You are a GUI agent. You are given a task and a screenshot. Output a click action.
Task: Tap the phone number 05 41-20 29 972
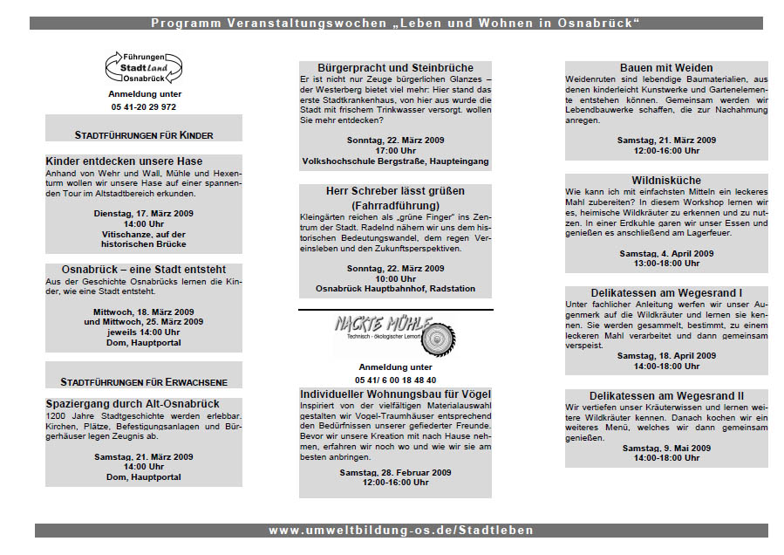(144, 106)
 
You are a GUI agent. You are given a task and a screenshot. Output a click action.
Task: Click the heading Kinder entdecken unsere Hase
(124, 161)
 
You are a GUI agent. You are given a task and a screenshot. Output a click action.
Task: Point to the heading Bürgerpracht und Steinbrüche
(395, 68)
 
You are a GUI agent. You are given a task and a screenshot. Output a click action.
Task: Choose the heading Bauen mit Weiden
(666, 68)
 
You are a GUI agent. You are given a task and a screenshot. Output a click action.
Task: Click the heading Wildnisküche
(666, 180)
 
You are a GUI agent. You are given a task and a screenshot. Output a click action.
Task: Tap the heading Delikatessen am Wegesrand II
(666, 396)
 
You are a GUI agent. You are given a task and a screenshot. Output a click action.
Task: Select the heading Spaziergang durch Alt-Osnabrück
(133, 404)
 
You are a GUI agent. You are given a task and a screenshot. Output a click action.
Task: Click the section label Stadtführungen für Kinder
(144, 135)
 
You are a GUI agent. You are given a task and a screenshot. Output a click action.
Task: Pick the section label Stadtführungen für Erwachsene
(144, 382)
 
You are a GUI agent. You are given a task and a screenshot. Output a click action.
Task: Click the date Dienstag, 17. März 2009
(144, 213)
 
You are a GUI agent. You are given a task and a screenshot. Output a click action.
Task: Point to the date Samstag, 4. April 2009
(666, 253)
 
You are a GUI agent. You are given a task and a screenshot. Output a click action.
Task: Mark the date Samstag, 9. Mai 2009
(666, 448)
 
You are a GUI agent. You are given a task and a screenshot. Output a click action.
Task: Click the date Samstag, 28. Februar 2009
(395, 472)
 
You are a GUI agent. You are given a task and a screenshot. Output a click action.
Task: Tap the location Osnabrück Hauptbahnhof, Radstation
(395, 289)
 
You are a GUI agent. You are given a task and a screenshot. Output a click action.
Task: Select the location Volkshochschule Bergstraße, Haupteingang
(395, 161)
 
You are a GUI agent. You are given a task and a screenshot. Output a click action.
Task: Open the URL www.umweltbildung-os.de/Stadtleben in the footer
(401, 530)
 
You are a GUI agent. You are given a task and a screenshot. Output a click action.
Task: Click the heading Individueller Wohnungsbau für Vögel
(395, 394)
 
